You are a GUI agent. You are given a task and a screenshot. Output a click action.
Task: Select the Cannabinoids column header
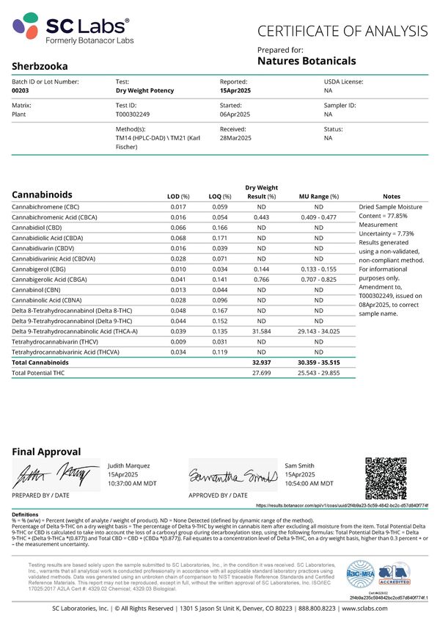[x=43, y=195]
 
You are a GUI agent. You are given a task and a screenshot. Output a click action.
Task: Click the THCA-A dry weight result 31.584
[x=262, y=332]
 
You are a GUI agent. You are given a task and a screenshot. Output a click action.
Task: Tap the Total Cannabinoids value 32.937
[x=262, y=363]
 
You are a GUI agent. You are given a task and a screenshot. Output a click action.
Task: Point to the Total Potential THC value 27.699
[x=262, y=374]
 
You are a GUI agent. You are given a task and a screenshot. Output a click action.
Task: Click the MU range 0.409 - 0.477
[x=318, y=218]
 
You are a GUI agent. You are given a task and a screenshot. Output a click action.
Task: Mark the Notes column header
[x=392, y=196]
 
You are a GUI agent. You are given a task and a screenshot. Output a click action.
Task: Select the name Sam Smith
[x=300, y=465]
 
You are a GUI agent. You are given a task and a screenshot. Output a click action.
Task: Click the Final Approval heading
[x=46, y=451]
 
